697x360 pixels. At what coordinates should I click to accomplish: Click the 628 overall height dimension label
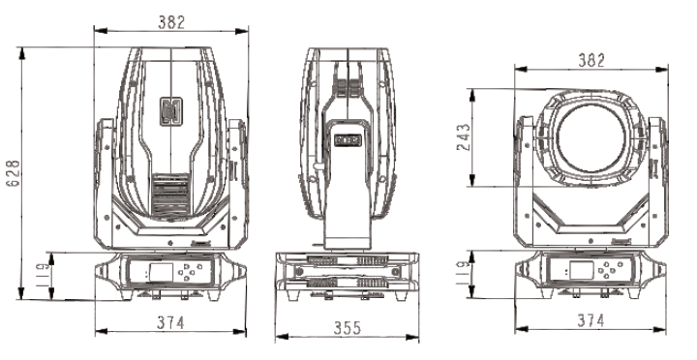tap(14, 173)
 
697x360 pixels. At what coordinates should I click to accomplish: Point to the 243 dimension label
tap(463, 137)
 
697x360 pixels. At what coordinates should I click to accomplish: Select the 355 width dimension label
tap(348, 328)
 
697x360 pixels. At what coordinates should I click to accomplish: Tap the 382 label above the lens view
tap(591, 60)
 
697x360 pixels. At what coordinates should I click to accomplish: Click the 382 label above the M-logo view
tap(171, 22)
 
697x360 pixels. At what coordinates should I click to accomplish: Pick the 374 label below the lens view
tap(591, 320)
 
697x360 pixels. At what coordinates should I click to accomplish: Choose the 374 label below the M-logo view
tap(170, 322)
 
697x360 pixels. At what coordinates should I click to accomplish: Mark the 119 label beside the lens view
tap(463, 273)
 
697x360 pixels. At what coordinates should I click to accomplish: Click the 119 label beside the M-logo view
tap(43, 275)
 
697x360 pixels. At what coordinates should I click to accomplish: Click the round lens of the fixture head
tap(591, 138)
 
